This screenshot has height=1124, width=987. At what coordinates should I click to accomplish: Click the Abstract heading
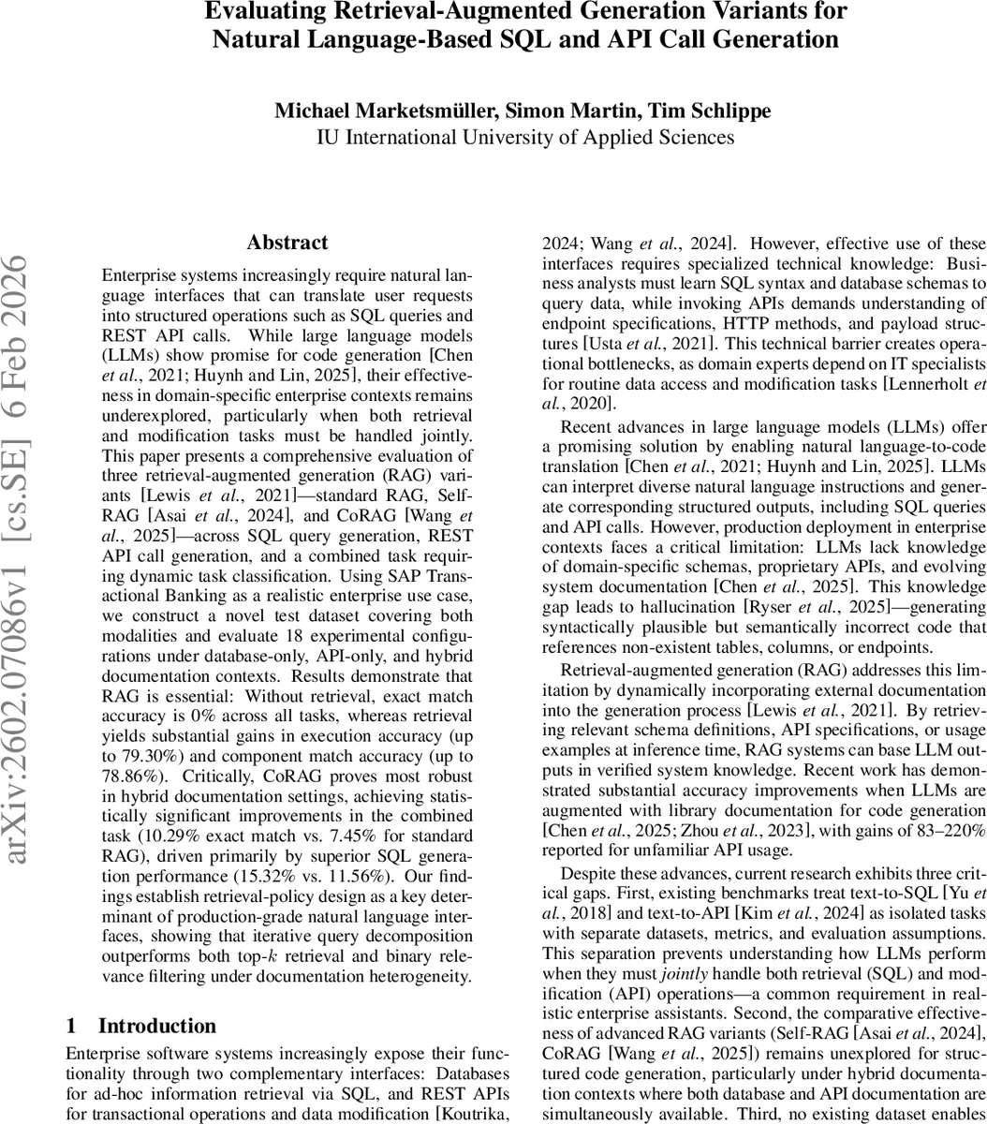coord(287,243)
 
